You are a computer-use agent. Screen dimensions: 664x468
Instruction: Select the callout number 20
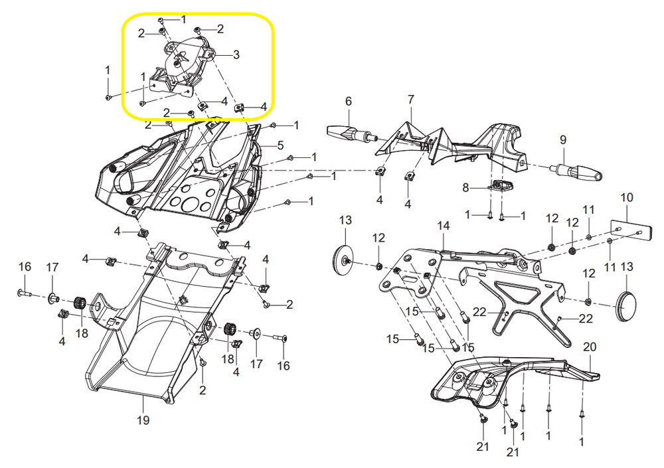(590, 347)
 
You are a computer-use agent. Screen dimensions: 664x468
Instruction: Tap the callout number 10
(627, 197)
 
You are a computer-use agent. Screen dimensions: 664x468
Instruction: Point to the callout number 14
(444, 226)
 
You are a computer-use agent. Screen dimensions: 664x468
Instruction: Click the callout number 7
(411, 100)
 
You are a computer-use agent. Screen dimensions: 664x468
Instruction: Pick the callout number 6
(349, 101)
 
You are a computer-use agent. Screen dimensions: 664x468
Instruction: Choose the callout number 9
(563, 140)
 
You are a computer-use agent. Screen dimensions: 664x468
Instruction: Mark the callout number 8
(465, 187)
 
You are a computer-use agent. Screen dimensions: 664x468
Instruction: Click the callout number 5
(280, 145)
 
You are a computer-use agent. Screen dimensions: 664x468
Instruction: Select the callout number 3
(236, 54)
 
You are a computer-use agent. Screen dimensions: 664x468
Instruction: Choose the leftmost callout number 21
(483, 446)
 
